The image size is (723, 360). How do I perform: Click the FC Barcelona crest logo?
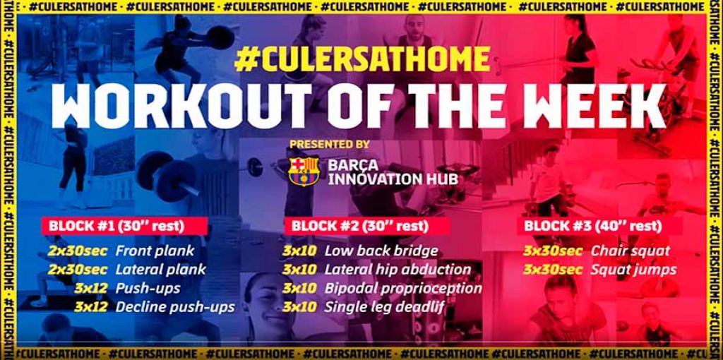coord(304,171)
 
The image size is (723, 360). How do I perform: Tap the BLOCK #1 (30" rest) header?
coord(116,227)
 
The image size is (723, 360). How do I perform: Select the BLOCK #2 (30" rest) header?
coord(360,227)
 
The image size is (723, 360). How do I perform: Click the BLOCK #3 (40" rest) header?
coord(593,227)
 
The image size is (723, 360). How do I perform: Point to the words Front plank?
coord(155,251)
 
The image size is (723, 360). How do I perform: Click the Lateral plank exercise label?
coord(160,269)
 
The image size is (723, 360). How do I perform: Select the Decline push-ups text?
coord(175,307)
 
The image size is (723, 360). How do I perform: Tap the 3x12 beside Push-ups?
coord(91,289)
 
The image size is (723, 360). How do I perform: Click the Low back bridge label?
coord(381,251)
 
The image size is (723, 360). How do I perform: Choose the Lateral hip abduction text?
coord(398,270)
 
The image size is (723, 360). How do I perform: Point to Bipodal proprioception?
coord(403,289)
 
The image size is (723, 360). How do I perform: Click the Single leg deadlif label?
coord(385,308)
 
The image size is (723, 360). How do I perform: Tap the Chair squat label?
coord(631,251)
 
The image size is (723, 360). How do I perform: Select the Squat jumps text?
coord(633,270)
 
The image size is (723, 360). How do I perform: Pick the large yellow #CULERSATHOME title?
coord(362,60)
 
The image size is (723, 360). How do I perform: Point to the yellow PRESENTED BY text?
coord(330,144)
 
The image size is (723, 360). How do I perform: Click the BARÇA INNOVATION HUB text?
coord(393,172)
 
